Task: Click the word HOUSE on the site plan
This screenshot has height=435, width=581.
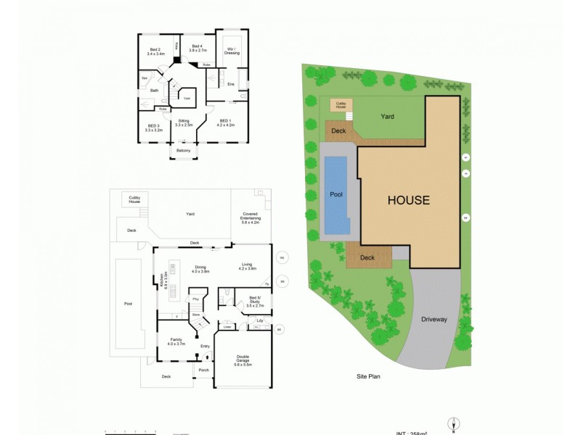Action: (x=408, y=201)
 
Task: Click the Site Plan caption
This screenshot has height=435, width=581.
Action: (x=368, y=377)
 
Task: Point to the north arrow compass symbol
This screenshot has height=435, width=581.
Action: (x=455, y=424)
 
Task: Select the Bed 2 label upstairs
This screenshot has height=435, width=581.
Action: (x=155, y=51)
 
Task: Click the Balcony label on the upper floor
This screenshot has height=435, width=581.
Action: (x=184, y=150)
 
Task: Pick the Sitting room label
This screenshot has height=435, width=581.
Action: (x=184, y=123)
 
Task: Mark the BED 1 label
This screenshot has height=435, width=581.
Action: (x=226, y=123)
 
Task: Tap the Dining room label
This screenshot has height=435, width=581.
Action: (x=200, y=269)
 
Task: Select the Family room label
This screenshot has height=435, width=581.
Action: (x=176, y=341)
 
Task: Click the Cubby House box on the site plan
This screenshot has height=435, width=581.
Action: (x=341, y=105)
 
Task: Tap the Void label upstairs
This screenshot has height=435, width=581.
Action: (x=186, y=98)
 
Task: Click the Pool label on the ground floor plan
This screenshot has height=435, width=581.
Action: (x=129, y=304)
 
